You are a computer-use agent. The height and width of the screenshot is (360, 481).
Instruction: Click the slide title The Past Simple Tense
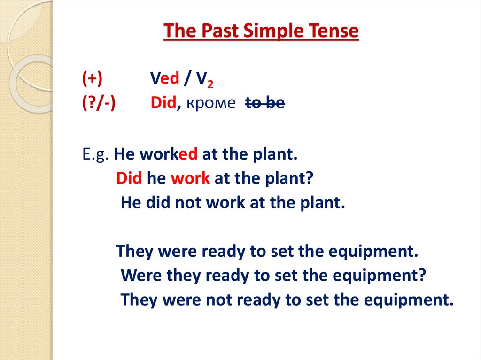261,31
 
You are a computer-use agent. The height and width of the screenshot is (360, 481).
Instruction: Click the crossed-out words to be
265,103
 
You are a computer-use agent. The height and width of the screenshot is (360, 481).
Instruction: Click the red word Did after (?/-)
163,103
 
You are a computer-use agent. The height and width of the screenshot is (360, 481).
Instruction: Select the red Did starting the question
130,179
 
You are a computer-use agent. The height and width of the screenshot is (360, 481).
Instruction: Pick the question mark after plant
309,179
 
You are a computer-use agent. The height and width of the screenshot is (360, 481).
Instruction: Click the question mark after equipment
421,275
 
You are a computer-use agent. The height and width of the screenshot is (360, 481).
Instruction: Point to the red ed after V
170,79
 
